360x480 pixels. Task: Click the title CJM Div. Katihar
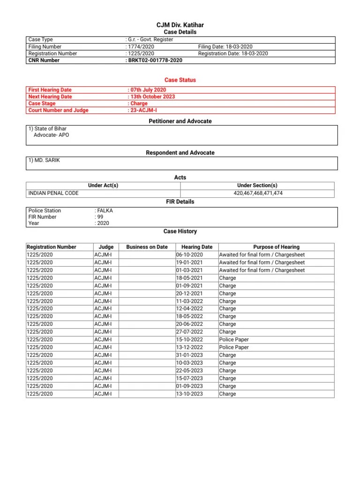tap(180, 25)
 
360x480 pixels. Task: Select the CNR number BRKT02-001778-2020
tap(155, 60)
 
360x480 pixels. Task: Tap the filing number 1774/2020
tap(141, 47)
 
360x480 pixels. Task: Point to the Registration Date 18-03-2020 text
tap(233, 53)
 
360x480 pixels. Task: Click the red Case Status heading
tap(180, 80)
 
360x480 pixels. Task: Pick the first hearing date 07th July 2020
tap(148, 90)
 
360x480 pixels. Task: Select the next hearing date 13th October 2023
tap(152, 97)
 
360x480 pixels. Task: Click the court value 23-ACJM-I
tap(144, 110)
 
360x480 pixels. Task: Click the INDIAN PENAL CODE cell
tap(53, 193)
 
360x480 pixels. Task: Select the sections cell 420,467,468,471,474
tap(258, 193)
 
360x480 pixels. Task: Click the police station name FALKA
tap(105, 210)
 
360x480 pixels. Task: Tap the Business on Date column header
tap(147, 247)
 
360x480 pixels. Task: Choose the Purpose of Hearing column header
tap(276, 247)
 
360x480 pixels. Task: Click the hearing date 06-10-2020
tap(189, 255)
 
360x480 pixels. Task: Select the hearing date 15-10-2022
tap(189, 339)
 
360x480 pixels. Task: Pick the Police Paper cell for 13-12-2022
tap(234, 347)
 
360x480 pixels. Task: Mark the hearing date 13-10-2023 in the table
tap(189, 394)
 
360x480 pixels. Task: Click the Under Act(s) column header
tap(103, 185)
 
